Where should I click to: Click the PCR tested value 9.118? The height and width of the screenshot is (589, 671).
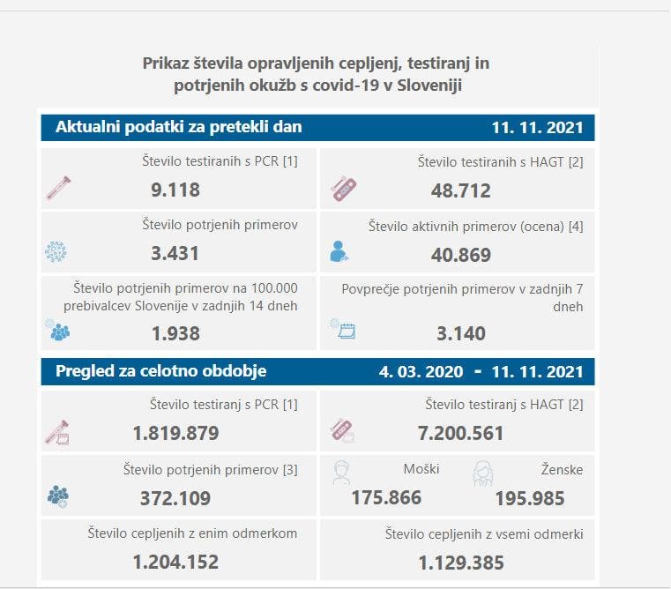(175, 190)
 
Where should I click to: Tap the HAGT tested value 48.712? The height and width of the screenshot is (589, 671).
(460, 190)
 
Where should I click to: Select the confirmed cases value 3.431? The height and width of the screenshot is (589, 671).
(175, 254)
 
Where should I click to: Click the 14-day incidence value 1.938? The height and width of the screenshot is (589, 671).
(175, 333)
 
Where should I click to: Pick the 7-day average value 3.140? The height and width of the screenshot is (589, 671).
(460, 333)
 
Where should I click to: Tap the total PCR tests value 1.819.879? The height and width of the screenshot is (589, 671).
(175, 433)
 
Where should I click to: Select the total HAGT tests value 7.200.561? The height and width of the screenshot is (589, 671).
(460, 433)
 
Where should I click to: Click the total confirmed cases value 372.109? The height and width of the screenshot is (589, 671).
(175, 497)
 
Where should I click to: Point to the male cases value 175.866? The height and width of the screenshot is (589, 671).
(386, 497)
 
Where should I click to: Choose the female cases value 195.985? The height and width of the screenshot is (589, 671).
(529, 498)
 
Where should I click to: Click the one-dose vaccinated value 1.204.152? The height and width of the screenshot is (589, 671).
(175, 562)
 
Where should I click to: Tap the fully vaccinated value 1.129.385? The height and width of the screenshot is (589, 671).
(460, 562)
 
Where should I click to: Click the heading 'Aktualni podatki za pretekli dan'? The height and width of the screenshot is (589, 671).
(179, 127)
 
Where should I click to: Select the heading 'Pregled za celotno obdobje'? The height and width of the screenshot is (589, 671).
(160, 371)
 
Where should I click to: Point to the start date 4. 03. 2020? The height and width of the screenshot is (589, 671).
(421, 372)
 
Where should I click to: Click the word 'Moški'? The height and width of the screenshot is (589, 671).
(421, 469)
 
